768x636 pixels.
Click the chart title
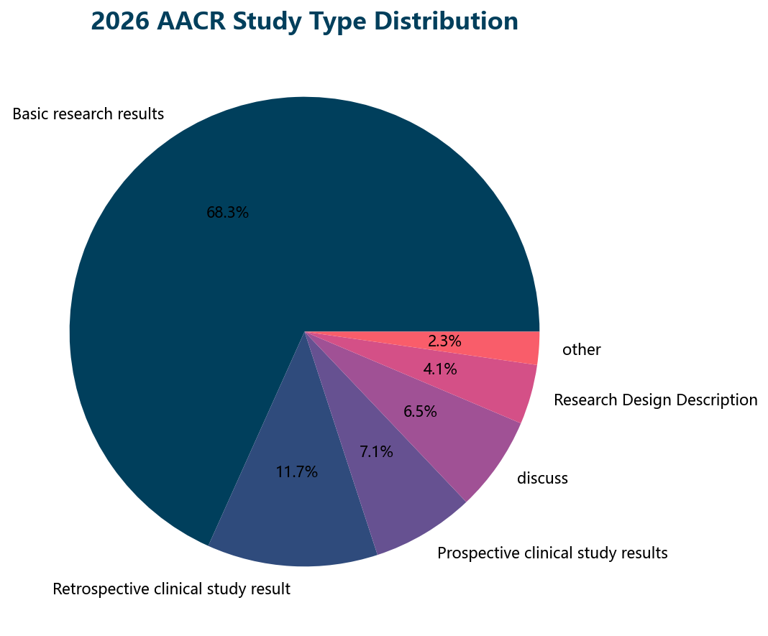[x=304, y=22]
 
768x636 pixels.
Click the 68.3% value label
[x=227, y=213]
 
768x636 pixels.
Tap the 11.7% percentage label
[x=296, y=472]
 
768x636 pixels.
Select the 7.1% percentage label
[x=376, y=452]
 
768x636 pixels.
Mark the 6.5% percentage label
[x=420, y=412]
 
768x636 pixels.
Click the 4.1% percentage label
[x=440, y=370]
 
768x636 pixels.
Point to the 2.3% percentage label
[x=444, y=341]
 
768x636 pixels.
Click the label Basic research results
[x=88, y=114]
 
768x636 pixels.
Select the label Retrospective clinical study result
[x=171, y=589]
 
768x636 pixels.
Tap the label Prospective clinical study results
[x=552, y=553]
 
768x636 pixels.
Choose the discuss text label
[x=542, y=478]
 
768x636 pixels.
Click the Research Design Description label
[x=655, y=400]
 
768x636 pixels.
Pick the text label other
[x=582, y=350]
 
